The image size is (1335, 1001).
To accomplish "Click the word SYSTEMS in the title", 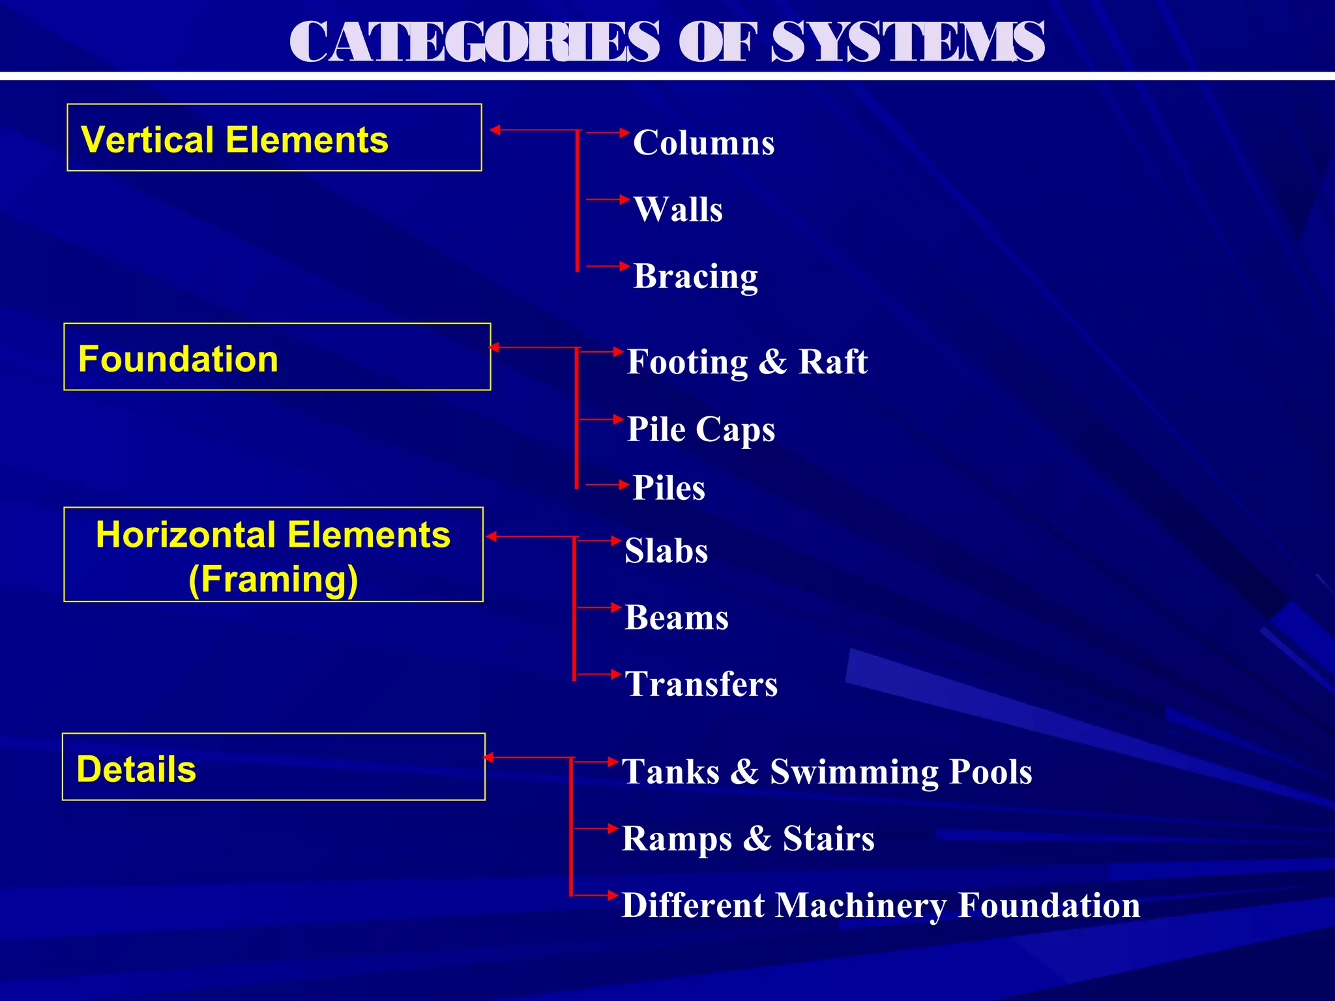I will pos(907,42).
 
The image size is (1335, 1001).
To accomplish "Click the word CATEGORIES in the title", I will pos(475,42).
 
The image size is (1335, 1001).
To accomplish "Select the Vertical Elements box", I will pos(274,138).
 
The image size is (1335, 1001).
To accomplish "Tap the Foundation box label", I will pos(178,359).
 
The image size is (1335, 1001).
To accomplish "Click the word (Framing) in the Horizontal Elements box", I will pos(273,579).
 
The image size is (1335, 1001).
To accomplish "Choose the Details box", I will pos(273,767).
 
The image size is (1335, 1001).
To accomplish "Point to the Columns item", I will pos(703,143).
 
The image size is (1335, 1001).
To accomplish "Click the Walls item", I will pos(678,210).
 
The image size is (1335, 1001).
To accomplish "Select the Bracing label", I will pos(696,276).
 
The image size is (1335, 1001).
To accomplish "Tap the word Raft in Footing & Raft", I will pos(832,362).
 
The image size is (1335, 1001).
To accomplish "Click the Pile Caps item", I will pos(701,429).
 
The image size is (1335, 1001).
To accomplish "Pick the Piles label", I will pos(669,488).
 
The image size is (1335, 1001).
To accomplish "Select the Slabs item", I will pos(666,551).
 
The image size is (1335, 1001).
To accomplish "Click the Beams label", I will pos(677,618).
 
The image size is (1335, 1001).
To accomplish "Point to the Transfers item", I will pos(701,684).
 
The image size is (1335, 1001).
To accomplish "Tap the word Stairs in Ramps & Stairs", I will pos(829,839).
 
